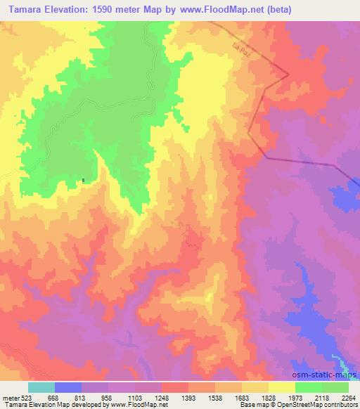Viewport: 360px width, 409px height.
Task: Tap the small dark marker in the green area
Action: (x=84, y=180)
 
